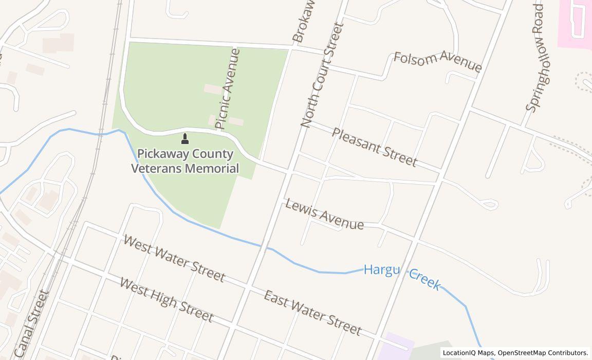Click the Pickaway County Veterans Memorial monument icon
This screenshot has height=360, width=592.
185,138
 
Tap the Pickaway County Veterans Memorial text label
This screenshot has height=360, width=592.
185,161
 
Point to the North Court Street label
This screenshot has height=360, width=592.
322,75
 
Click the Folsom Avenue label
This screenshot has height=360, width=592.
438,62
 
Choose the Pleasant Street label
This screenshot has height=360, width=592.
374,148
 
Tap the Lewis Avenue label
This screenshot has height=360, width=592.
324,214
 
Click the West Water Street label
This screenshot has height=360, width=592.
174,259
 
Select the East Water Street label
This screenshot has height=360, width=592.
312,312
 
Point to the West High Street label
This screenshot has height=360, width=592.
166,299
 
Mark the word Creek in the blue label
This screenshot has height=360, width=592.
424,280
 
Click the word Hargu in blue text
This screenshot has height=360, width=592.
382,269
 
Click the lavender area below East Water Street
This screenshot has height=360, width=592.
399,345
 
